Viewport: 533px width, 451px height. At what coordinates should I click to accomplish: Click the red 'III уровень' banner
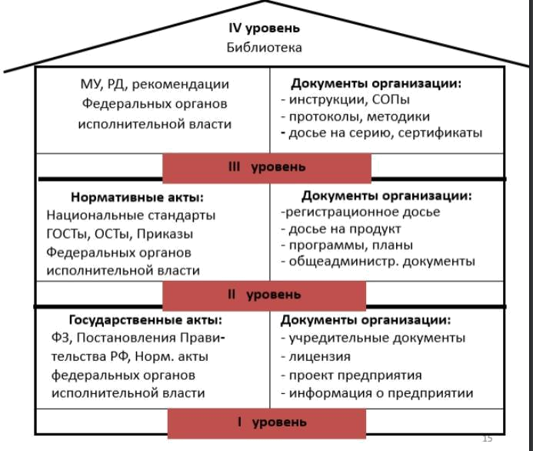coord(267,166)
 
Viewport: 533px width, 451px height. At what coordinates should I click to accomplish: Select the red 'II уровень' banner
coord(264,295)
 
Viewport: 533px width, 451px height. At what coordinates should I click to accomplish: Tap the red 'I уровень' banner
coord(266,422)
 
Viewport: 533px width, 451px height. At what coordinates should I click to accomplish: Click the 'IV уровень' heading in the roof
coord(265,28)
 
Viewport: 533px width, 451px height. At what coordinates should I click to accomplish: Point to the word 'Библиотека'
coord(265,48)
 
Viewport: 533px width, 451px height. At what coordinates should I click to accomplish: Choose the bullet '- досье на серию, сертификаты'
coord(381,133)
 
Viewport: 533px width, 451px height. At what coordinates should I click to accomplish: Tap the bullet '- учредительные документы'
coord(373,338)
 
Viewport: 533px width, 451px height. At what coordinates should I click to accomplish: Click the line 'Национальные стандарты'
coord(131,215)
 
